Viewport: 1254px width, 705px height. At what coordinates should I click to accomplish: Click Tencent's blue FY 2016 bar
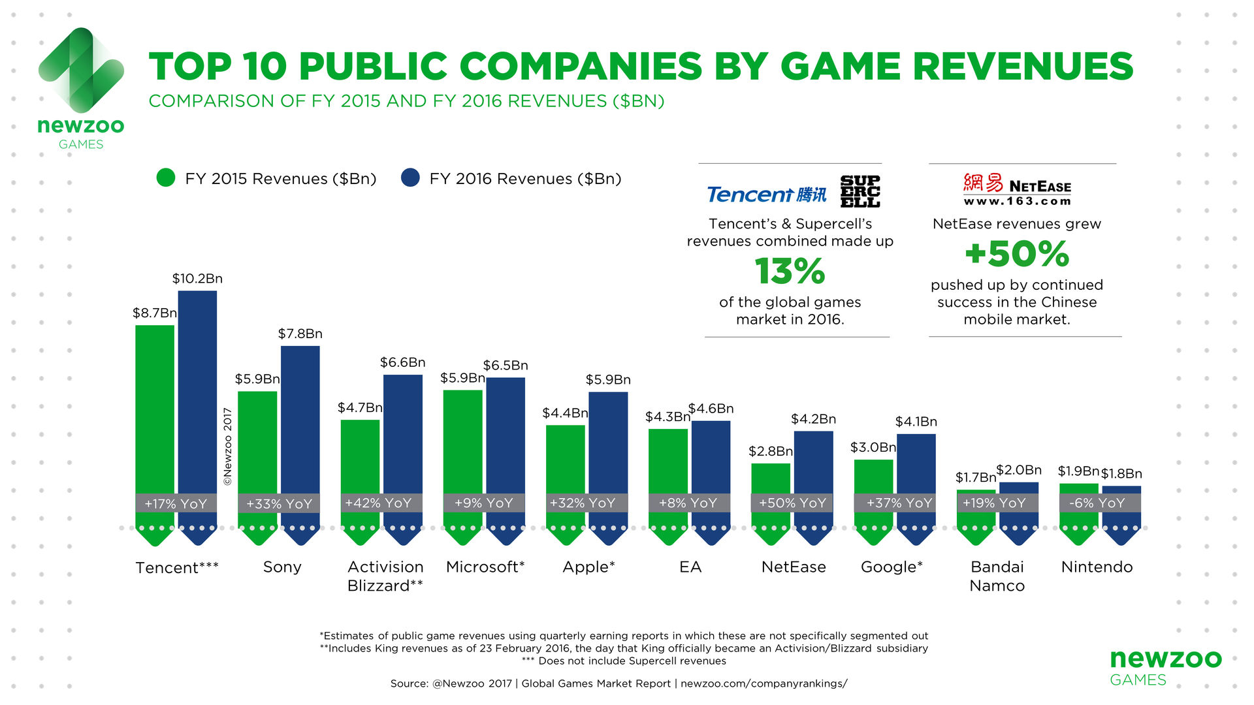[x=197, y=392]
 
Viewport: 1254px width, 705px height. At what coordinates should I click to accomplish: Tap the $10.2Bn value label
[x=197, y=279]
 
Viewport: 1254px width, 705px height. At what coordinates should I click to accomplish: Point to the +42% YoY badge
[x=378, y=503]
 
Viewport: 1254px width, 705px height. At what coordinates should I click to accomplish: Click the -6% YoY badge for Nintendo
[x=1097, y=503]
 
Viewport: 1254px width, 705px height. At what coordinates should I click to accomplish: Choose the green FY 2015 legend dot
[x=166, y=178]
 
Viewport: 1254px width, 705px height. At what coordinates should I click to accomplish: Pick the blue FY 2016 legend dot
[x=410, y=178]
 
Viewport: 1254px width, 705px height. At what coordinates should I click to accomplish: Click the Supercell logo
[x=860, y=191]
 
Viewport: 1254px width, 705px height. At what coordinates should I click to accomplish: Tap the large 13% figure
[x=790, y=271]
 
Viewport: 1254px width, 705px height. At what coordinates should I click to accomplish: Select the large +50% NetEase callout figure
[x=1017, y=254]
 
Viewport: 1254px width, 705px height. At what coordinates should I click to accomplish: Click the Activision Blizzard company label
[x=385, y=576]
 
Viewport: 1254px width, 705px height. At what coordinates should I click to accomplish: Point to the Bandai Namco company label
[x=997, y=576]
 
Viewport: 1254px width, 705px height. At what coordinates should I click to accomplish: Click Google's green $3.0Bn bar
[x=873, y=477]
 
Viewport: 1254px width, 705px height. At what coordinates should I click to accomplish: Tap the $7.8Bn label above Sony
[x=300, y=334]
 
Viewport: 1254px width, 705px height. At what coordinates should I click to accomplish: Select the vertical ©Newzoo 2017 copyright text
[x=227, y=446]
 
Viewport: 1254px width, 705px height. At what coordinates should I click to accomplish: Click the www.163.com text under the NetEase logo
[x=1017, y=201]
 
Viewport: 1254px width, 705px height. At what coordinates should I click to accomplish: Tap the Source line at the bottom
[x=619, y=683]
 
